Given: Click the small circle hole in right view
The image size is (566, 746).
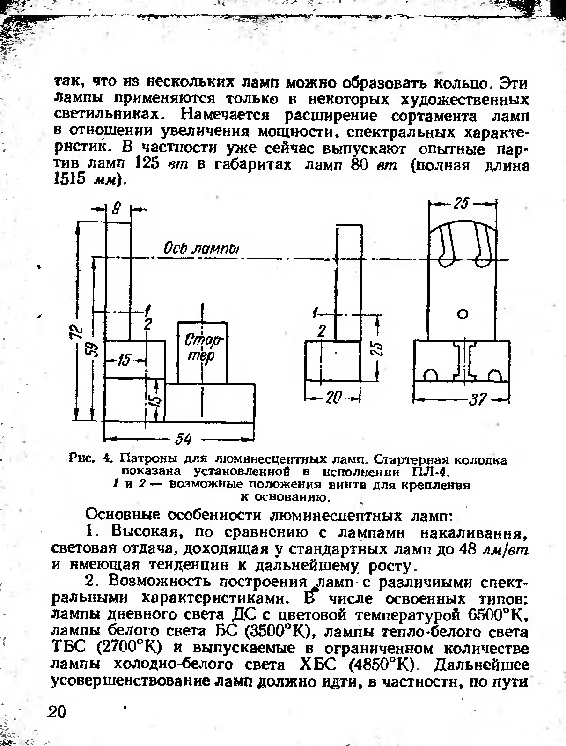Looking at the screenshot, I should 463,314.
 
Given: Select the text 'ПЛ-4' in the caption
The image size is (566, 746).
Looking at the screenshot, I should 426,471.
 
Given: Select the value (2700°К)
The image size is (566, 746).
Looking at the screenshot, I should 129,649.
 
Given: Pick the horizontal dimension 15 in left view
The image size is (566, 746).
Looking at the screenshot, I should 123,360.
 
